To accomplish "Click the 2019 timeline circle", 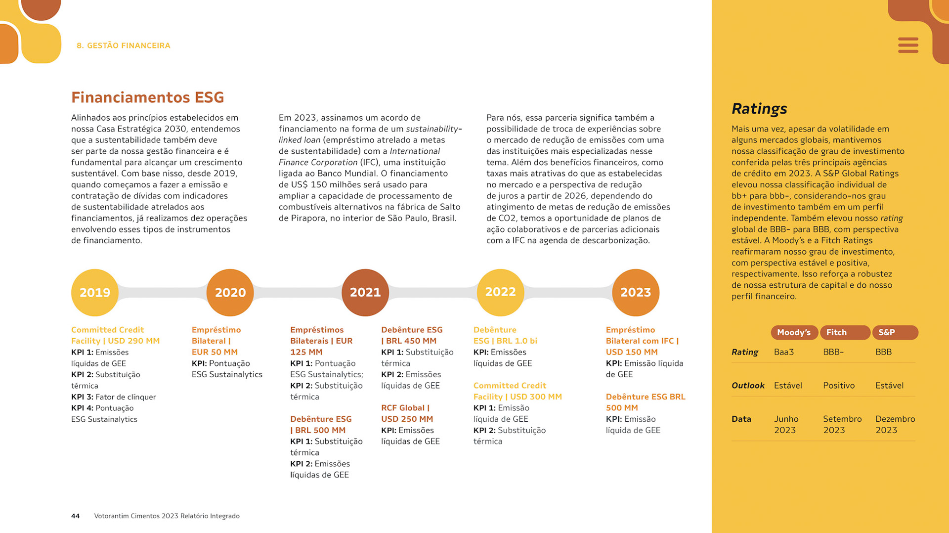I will tap(95, 292).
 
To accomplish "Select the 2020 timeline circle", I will tap(230, 292).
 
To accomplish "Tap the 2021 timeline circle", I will tap(365, 292).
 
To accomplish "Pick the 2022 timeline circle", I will tap(500, 292).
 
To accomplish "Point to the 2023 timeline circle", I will tap(636, 292).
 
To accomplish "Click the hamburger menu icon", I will tap(908, 45).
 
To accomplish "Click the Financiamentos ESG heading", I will tap(147, 97).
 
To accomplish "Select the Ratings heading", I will tap(759, 108).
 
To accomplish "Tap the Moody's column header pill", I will tap(794, 332).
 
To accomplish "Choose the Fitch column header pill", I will tap(845, 332).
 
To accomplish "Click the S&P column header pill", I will tap(895, 332).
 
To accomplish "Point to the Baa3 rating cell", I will tap(784, 352).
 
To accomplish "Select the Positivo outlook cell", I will tap(839, 385).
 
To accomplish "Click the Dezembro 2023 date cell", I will tap(895, 424).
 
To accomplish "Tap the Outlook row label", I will tap(748, 385).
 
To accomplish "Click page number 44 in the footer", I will tap(75, 516).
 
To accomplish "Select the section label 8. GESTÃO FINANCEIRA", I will tap(124, 45).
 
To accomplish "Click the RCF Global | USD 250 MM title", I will tap(407, 413).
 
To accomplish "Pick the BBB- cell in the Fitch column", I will tap(833, 352).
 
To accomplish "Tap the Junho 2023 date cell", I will tap(786, 424).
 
